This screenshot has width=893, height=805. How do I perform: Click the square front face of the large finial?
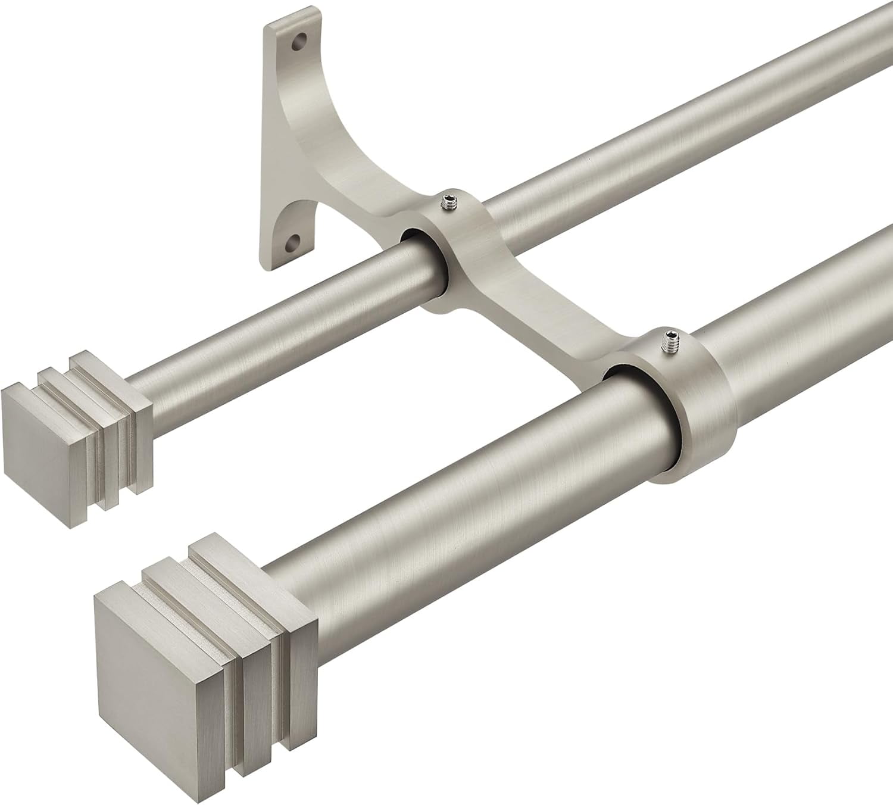click(x=151, y=660)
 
